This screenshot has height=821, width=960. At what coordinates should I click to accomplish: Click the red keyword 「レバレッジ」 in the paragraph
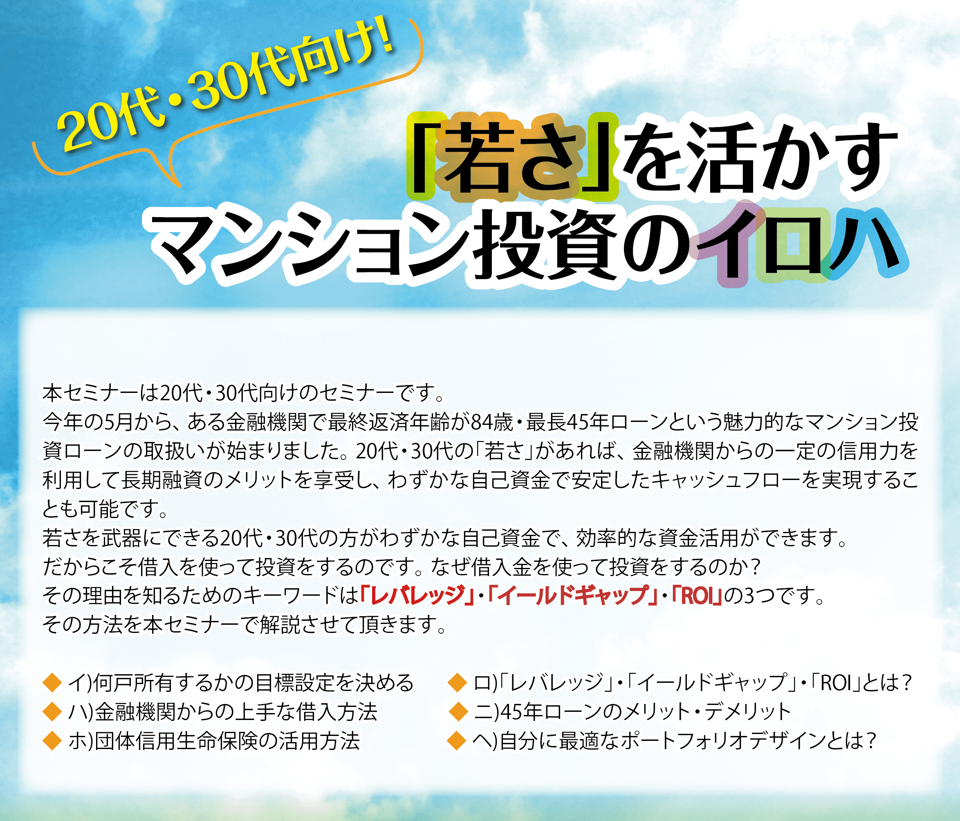[417, 596]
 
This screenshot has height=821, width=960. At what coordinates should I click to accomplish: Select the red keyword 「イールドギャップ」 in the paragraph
[573, 596]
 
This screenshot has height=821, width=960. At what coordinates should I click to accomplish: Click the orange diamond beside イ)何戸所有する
[52, 682]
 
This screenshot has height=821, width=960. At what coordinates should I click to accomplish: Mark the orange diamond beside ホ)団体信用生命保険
[52, 740]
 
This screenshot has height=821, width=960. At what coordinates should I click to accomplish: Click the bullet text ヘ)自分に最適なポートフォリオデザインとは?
[675, 740]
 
